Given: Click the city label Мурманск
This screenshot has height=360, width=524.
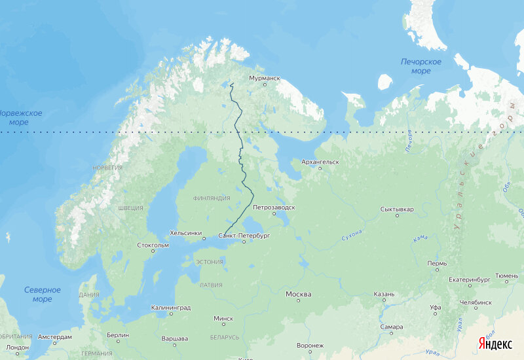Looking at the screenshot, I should (x=265, y=79).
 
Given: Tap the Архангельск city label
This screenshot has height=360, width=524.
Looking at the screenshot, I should (x=320, y=161).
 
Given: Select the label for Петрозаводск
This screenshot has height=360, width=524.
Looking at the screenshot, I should (x=274, y=207).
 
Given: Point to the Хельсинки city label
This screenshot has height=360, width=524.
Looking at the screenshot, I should (x=185, y=232).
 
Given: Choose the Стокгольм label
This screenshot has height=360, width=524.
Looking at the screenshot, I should (x=153, y=245).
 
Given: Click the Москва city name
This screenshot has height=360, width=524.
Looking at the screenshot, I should (x=298, y=294).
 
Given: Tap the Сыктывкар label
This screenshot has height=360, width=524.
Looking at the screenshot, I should (x=397, y=209).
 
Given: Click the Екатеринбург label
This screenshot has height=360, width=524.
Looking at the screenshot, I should (x=470, y=279).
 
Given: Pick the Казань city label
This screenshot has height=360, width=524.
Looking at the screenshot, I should (x=384, y=294).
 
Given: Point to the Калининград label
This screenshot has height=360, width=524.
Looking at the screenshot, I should (x=170, y=307).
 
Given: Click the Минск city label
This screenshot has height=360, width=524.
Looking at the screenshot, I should (x=223, y=319).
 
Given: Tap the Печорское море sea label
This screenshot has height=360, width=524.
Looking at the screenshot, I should (x=421, y=66).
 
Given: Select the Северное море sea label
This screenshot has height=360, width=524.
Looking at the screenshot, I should (x=43, y=295).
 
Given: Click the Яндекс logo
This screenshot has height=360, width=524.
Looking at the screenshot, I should (x=495, y=344).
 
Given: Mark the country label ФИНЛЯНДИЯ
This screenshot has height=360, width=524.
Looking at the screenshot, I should (x=212, y=198).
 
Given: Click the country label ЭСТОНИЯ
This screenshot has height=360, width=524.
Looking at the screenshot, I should (x=210, y=262).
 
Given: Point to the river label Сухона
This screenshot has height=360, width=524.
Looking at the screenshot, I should (x=352, y=235).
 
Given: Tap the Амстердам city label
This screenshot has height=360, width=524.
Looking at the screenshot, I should (x=55, y=337).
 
